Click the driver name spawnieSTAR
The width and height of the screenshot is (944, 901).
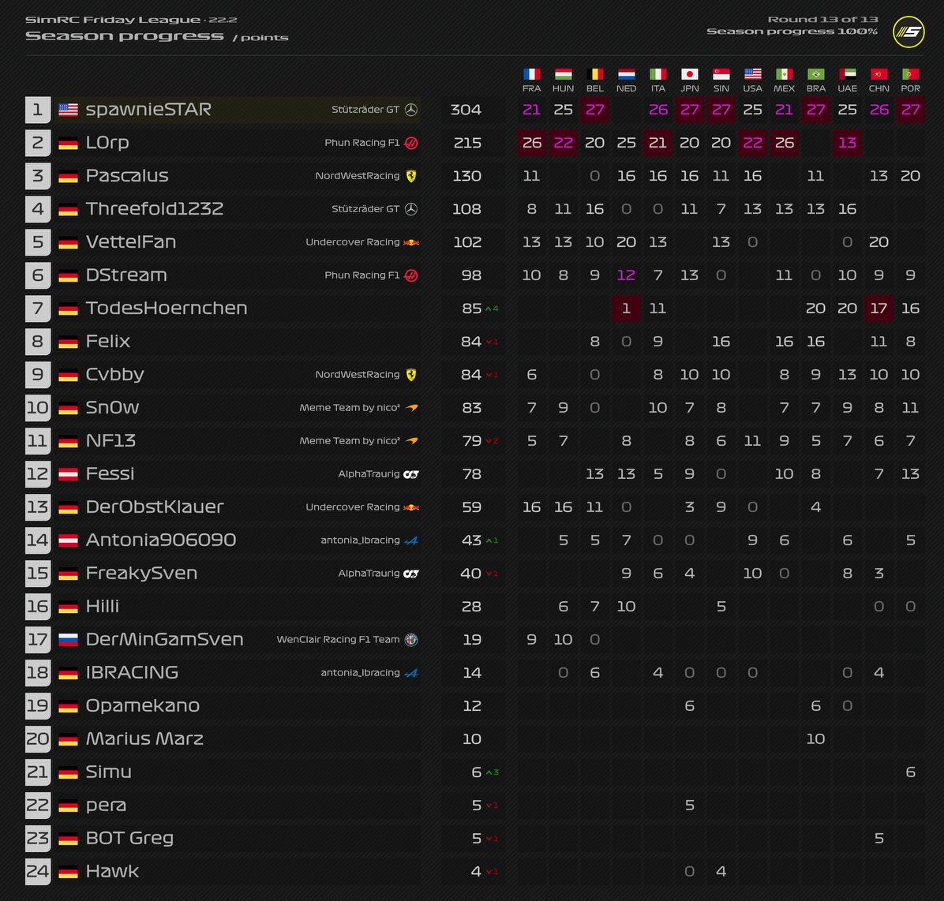pyautogui.click(x=148, y=110)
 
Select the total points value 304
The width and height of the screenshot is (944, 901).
pyautogui.click(x=466, y=110)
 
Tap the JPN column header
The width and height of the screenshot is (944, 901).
pyautogui.click(x=689, y=88)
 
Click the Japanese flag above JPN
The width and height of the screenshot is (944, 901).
pyautogui.click(x=689, y=74)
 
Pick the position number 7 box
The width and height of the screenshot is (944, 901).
pyautogui.click(x=38, y=308)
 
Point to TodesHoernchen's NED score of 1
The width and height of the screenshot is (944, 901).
pyautogui.click(x=626, y=308)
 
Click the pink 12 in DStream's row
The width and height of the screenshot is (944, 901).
pyautogui.click(x=626, y=275)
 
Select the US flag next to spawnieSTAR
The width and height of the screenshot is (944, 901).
pyautogui.click(x=69, y=110)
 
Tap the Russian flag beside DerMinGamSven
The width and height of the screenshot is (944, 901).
pyautogui.click(x=69, y=640)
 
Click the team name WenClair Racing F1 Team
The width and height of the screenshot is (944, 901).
pyautogui.click(x=338, y=640)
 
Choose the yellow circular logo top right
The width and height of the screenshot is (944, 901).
pyautogui.click(x=908, y=32)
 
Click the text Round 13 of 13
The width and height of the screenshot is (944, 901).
pyautogui.click(x=822, y=20)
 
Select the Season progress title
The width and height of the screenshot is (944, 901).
pyautogui.click(x=125, y=36)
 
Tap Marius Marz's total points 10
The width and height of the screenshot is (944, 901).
pyautogui.click(x=472, y=739)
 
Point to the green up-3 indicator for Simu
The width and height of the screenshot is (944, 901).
pyautogui.click(x=492, y=772)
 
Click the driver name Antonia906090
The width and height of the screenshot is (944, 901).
pyautogui.click(x=161, y=540)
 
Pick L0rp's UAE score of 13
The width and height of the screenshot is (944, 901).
pyautogui.click(x=847, y=143)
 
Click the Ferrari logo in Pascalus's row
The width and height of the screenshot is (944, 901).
pyautogui.click(x=410, y=176)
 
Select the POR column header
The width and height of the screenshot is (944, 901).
pyautogui.click(x=910, y=88)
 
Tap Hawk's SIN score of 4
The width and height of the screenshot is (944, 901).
pyautogui.click(x=721, y=872)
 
